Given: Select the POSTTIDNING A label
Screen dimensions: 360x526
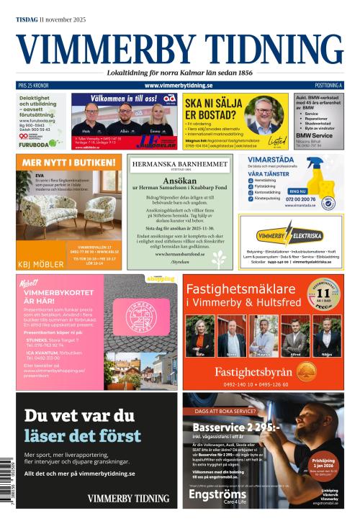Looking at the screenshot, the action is pos(328,86).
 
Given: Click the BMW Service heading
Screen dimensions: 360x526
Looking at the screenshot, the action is pos(314,135).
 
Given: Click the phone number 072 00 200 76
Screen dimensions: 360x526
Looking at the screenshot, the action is pos(300,199).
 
